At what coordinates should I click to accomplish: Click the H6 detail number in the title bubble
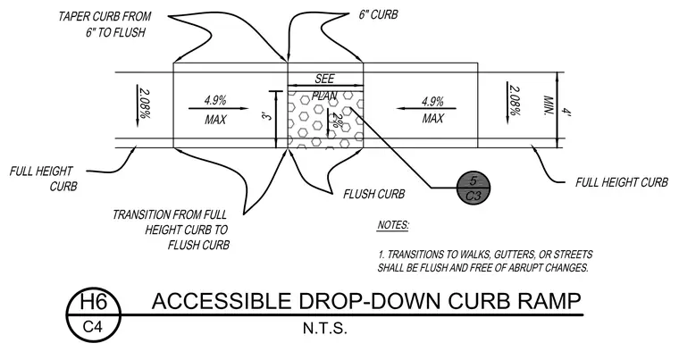[93, 302]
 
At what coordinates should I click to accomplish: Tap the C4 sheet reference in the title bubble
[93, 327]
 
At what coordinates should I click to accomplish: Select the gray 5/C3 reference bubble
[474, 188]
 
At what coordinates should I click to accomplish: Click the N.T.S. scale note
[325, 329]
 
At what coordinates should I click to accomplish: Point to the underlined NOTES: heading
[393, 225]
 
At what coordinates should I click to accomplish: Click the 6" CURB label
[378, 14]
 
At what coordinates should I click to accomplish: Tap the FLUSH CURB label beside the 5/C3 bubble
[374, 194]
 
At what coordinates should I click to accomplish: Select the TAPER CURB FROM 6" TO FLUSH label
[105, 24]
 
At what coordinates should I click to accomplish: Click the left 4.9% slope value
[215, 101]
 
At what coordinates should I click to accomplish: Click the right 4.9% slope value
[432, 102]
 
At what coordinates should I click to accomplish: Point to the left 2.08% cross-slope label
[145, 104]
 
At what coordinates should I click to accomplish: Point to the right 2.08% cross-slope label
[515, 101]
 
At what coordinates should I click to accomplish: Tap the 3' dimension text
[268, 116]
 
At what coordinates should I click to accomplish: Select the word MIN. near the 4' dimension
[549, 105]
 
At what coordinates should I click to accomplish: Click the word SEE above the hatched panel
[324, 79]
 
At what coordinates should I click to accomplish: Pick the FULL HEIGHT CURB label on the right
[622, 182]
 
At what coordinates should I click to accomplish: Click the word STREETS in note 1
[573, 255]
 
